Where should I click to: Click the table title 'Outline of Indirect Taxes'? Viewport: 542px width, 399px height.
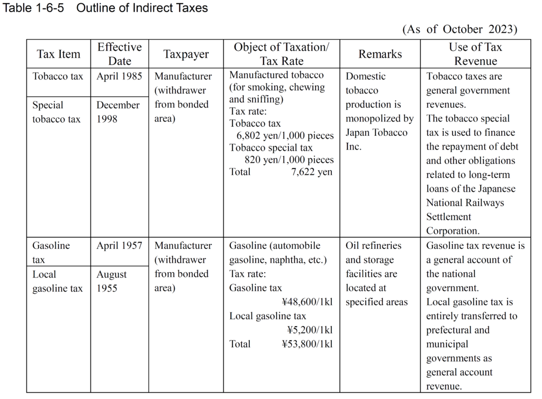tap(142, 8)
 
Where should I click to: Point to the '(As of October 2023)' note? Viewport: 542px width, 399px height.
tap(459, 29)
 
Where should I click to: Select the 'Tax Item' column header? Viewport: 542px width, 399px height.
tap(59, 54)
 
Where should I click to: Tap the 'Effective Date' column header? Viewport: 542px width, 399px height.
tap(120, 54)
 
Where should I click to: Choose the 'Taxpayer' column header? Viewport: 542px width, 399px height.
tap(186, 54)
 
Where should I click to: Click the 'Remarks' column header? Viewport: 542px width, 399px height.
tap(380, 54)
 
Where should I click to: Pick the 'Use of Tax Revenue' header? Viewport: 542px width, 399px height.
tap(475, 54)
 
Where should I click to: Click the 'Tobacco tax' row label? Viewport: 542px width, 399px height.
tap(58, 77)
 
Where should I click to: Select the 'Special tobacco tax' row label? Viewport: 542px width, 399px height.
tap(56, 112)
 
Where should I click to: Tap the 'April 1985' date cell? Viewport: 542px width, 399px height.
tap(119, 77)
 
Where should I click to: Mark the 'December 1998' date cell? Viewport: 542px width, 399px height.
tap(118, 112)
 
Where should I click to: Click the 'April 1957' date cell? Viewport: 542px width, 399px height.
tap(119, 246)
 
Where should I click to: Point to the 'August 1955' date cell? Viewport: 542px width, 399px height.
tap(111, 281)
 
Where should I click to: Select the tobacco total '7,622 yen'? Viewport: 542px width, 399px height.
tap(312, 172)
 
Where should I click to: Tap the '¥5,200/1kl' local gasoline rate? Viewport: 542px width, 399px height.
tap(310, 330)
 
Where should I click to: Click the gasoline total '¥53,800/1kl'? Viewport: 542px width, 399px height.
tap(308, 344)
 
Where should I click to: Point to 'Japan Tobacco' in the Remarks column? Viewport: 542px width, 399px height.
tap(376, 133)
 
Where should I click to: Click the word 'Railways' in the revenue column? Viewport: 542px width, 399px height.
tap(484, 203)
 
